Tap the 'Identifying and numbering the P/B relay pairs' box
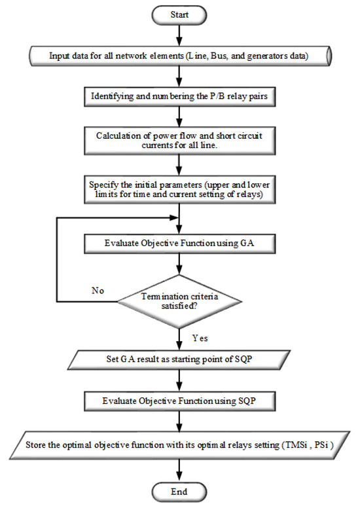pyautogui.click(x=179, y=98)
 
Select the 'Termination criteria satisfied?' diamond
pyautogui.click(x=179, y=302)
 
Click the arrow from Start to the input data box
pyautogui.click(x=179, y=34)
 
